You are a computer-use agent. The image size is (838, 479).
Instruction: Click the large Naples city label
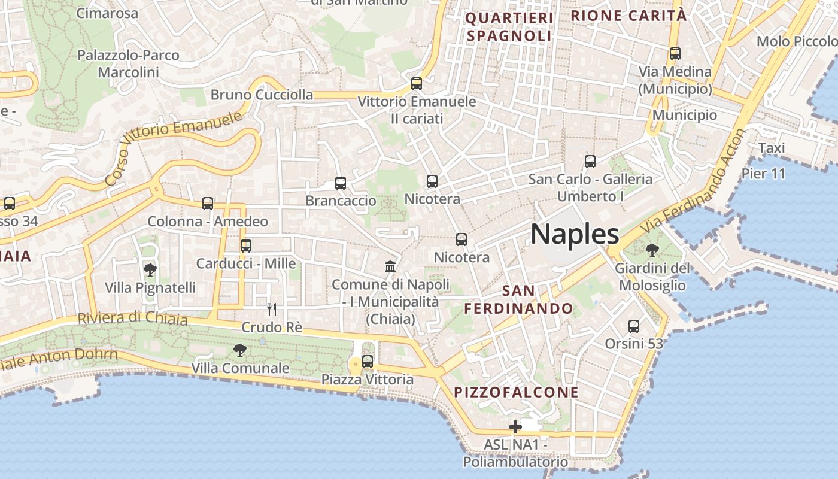[575, 234]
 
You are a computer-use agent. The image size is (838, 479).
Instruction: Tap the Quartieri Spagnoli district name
[509, 27]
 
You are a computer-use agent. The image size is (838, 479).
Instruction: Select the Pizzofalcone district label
[517, 392]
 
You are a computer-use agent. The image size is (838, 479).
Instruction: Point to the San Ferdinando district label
[518, 299]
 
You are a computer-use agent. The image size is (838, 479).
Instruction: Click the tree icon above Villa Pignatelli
[150, 270]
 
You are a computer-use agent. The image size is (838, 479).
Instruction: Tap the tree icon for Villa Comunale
[240, 350]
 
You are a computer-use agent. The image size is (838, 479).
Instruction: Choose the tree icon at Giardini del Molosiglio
[652, 250]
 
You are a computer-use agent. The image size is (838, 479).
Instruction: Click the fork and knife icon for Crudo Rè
[272, 309]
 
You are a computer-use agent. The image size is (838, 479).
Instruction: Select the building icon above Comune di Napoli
[390, 266]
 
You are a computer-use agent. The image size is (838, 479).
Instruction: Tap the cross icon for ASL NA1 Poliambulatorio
[515, 427]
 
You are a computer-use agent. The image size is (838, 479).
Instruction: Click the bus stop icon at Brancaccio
[341, 183]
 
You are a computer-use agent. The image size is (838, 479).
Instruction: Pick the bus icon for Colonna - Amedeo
[208, 204]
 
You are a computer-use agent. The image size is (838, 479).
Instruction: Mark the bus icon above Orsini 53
[634, 326]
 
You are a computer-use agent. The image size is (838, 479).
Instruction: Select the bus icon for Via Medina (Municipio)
[675, 54]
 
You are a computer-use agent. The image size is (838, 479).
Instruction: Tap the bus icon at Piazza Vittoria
[368, 362]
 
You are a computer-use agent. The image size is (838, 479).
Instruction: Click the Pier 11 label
[763, 174]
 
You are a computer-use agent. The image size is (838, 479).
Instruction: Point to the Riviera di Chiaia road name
[132, 318]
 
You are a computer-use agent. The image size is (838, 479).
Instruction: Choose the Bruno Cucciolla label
[262, 95]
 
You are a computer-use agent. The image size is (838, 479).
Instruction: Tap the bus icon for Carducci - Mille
[246, 245]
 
